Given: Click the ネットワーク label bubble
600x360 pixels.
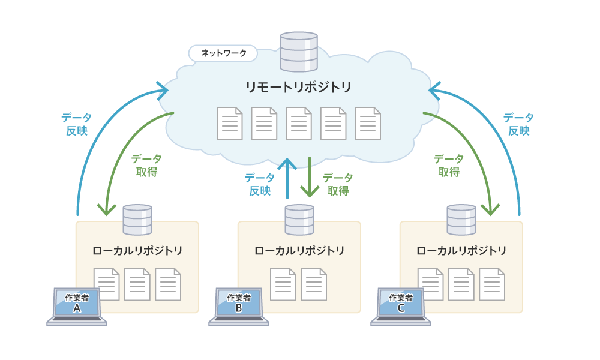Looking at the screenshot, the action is tap(223, 53).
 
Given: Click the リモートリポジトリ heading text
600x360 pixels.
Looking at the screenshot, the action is tap(298, 87).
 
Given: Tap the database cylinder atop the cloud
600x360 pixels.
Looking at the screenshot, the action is tap(299, 52).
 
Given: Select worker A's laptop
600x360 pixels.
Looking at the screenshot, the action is tap(77, 307).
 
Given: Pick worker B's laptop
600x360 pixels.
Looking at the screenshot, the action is tap(239, 307).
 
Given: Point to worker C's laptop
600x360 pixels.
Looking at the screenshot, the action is tap(401, 307).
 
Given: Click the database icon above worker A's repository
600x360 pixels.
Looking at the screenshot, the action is tap(137, 220).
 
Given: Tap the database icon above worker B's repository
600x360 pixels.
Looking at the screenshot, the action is tap(299, 220).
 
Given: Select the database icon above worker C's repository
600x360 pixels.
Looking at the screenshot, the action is tap(461, 220).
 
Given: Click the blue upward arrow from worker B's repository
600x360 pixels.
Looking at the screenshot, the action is tap(287, 178).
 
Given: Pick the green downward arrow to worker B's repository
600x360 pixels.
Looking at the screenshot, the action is tap(310, 177).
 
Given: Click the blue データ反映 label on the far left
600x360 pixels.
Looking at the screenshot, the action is tap(77, 124).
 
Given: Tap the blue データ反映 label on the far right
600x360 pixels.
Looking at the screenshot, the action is tap(519, 124).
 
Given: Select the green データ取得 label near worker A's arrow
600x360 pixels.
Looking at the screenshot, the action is tap(146, 165).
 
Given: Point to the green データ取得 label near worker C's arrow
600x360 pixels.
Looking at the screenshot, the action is tap(449, 165).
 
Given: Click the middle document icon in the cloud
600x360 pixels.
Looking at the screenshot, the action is tap(298, 123).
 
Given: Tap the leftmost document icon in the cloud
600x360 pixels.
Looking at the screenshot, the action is tap(230, 123).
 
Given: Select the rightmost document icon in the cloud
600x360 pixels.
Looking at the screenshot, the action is tap(368, 123).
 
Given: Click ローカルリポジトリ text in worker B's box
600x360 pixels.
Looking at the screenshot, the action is tap(299, 251).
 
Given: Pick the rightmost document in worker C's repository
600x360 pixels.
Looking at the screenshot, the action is tap(492, 284).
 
